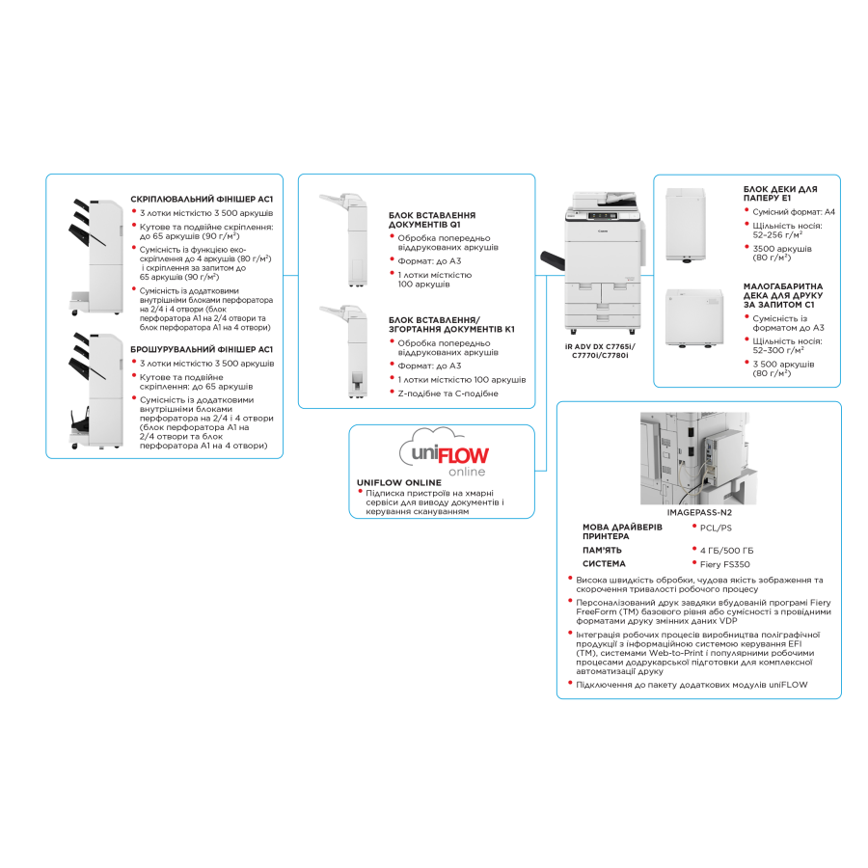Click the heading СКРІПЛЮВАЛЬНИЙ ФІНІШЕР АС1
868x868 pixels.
coord(202,199)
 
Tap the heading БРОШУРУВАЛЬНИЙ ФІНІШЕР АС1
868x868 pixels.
coord(202,349)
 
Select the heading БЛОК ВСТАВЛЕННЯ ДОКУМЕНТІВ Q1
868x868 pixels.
coord(432,220)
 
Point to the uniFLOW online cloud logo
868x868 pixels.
coord(445,452)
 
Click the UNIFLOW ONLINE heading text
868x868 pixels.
coord(399,483)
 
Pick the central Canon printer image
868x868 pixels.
coord(593,262)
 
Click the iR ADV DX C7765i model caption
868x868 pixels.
coord(600,351)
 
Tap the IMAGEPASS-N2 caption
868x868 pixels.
coord(699,513)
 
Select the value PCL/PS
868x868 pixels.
coord(716,529)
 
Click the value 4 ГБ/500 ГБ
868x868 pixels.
coord(726,551)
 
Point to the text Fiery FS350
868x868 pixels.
coord(724,564)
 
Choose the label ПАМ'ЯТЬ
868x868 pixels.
coord(602,551)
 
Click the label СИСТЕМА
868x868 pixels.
coord(604,563)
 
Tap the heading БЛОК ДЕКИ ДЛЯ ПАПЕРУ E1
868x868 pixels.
coord(780,193)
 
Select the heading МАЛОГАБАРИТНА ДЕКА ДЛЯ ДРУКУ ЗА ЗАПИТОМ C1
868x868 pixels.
coord(783,296)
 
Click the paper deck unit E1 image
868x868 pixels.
coord(686,225)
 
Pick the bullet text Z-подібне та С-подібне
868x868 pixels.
coord(448,393)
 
